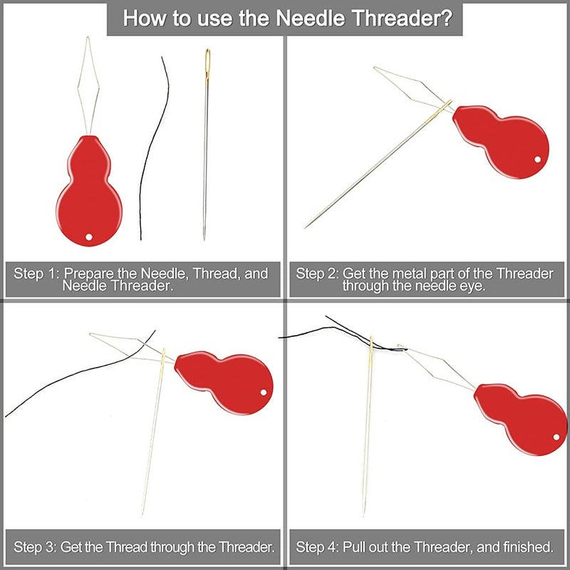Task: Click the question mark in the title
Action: tap(446, 18)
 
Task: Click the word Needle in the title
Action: tap(311, 18)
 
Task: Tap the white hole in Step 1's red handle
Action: tap(89, 237)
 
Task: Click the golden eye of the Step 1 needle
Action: tap(207, 63)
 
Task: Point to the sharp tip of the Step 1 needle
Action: tap(204, 239)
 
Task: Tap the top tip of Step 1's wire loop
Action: tap(88, 37)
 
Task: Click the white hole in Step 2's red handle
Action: tap(538, 159)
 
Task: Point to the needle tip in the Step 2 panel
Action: tap(306, 227)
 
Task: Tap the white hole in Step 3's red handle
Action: tap(264, 393)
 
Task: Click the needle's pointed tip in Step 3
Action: tap(142, 514)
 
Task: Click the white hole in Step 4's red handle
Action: tap(556, 437)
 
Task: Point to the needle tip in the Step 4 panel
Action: tap(364, 514)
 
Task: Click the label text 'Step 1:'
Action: tap(36, 274)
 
